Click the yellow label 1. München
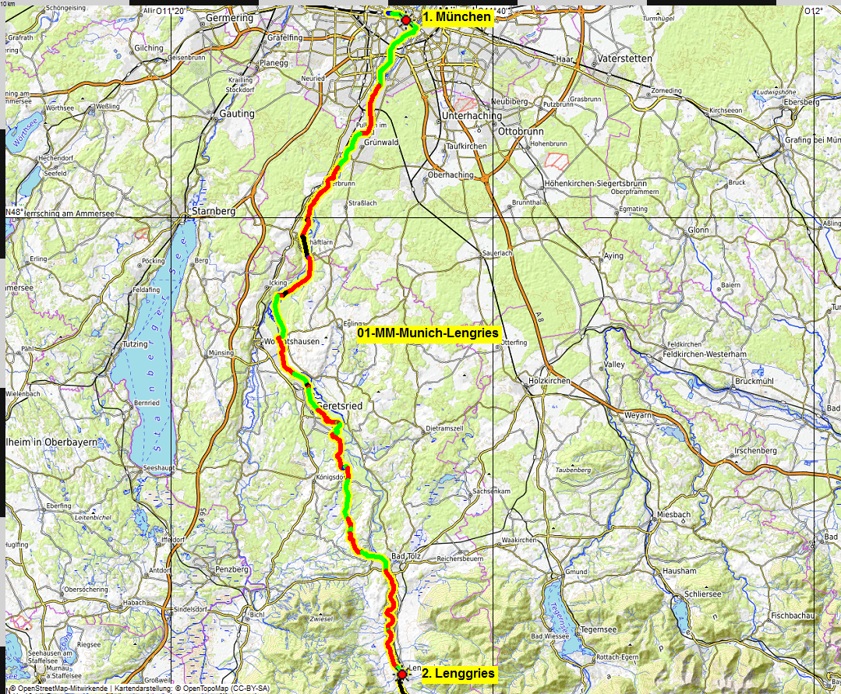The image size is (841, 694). [457, 16]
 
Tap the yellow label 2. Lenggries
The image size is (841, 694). [458, 673]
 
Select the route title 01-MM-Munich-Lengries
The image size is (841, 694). [428, 333]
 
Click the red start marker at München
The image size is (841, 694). [405, 20]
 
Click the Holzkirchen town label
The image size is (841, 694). [549, 381]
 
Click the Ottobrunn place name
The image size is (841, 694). [518, 132]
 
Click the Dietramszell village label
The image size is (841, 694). [445, 428]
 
